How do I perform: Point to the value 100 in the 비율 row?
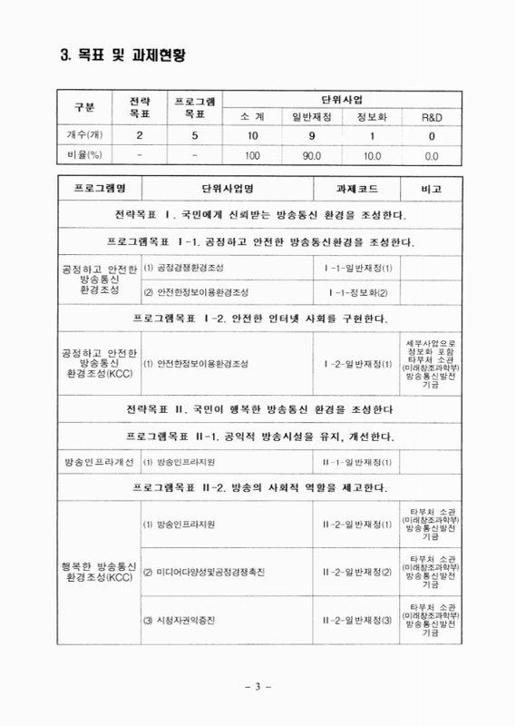click(x=252, y=155)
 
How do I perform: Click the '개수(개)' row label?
click(x=83, y=136)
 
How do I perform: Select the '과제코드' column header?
click(x=357, y=191)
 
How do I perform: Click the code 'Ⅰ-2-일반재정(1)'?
click(x=357, y=364)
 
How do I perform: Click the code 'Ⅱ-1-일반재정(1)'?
click(x=357, y=463)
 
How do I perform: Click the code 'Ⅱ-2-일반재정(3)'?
click(x=357, y=621)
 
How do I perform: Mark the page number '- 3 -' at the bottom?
click(x=258, y=684)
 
